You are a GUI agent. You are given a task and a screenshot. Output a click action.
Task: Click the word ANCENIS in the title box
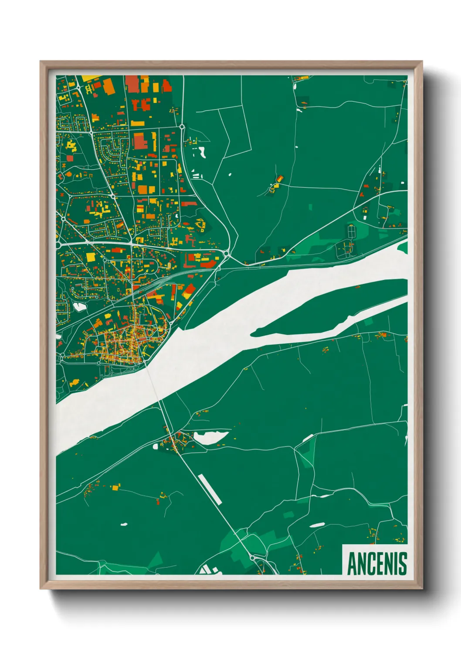point(377,564)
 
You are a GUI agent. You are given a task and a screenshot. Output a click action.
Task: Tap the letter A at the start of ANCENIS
point(352,564)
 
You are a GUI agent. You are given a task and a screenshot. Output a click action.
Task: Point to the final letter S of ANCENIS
point(403,564)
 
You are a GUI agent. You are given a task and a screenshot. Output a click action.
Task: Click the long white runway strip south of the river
point(210,489)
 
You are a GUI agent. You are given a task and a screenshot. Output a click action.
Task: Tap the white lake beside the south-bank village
point(211,436)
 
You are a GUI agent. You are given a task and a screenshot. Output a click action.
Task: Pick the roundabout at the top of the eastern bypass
point(182,127)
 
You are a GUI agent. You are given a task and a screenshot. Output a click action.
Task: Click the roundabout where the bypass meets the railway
point(227,253)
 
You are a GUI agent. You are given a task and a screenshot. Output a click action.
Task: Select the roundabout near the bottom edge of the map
point(253,558)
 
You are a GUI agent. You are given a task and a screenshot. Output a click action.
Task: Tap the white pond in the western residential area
point(79,307)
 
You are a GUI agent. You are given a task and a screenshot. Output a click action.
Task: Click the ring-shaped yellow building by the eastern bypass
point(201,224)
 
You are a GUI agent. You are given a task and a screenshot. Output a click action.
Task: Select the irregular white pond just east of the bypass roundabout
point(202,152)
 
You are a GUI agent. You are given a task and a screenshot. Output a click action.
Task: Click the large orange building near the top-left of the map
point(108,86)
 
